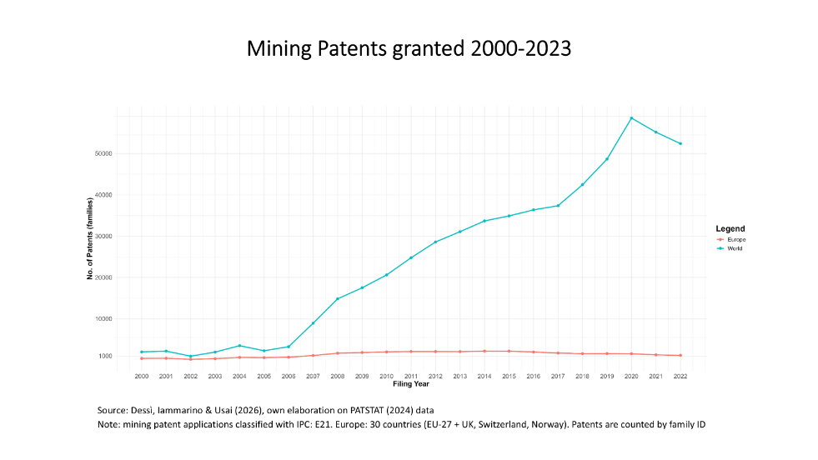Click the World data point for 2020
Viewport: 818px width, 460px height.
tap(631, 117)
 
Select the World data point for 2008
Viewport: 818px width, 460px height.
tap(337, 298)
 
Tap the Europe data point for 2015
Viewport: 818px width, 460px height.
tap(509, 351)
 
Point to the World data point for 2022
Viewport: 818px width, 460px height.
tap(680, 143)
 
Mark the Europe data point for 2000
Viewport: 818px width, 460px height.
tap(142, 358)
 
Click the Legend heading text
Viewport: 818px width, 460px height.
tap(730, 228)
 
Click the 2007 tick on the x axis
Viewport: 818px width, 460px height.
tap(313, 377)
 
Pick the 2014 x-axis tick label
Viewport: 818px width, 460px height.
tap(484, 377)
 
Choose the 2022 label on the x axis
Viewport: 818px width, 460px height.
tap(680, 377)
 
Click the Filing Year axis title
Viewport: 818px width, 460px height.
tap(411, 384)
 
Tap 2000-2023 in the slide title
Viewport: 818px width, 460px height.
tap(520, 49)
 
